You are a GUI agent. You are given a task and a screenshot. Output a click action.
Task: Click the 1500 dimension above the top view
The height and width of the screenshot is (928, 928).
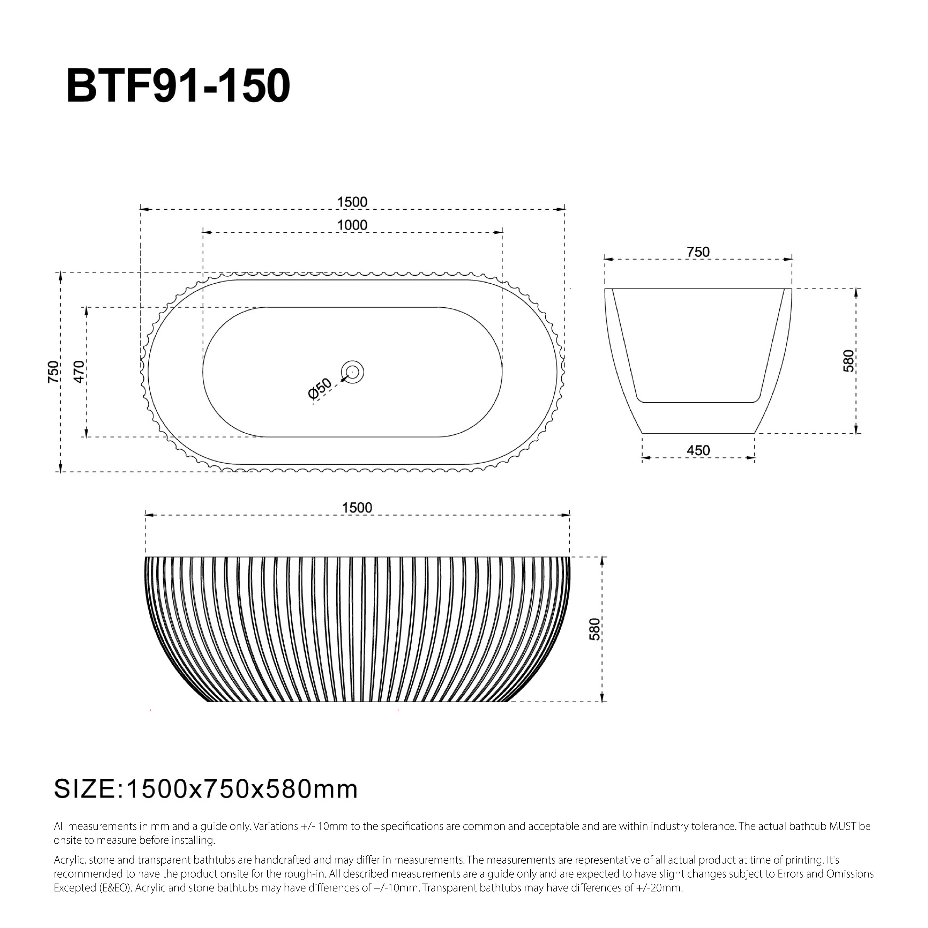352,202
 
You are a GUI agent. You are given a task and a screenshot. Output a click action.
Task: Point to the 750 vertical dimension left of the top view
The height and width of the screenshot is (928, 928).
53,371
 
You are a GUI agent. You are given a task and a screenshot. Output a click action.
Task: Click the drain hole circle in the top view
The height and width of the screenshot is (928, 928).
352,372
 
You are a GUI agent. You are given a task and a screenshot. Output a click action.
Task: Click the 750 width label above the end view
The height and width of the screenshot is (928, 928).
698,252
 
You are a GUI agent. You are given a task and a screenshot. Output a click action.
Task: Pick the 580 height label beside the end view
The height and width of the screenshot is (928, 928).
849,361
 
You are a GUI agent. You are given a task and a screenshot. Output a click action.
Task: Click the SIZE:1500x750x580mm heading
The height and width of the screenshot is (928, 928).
205,789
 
